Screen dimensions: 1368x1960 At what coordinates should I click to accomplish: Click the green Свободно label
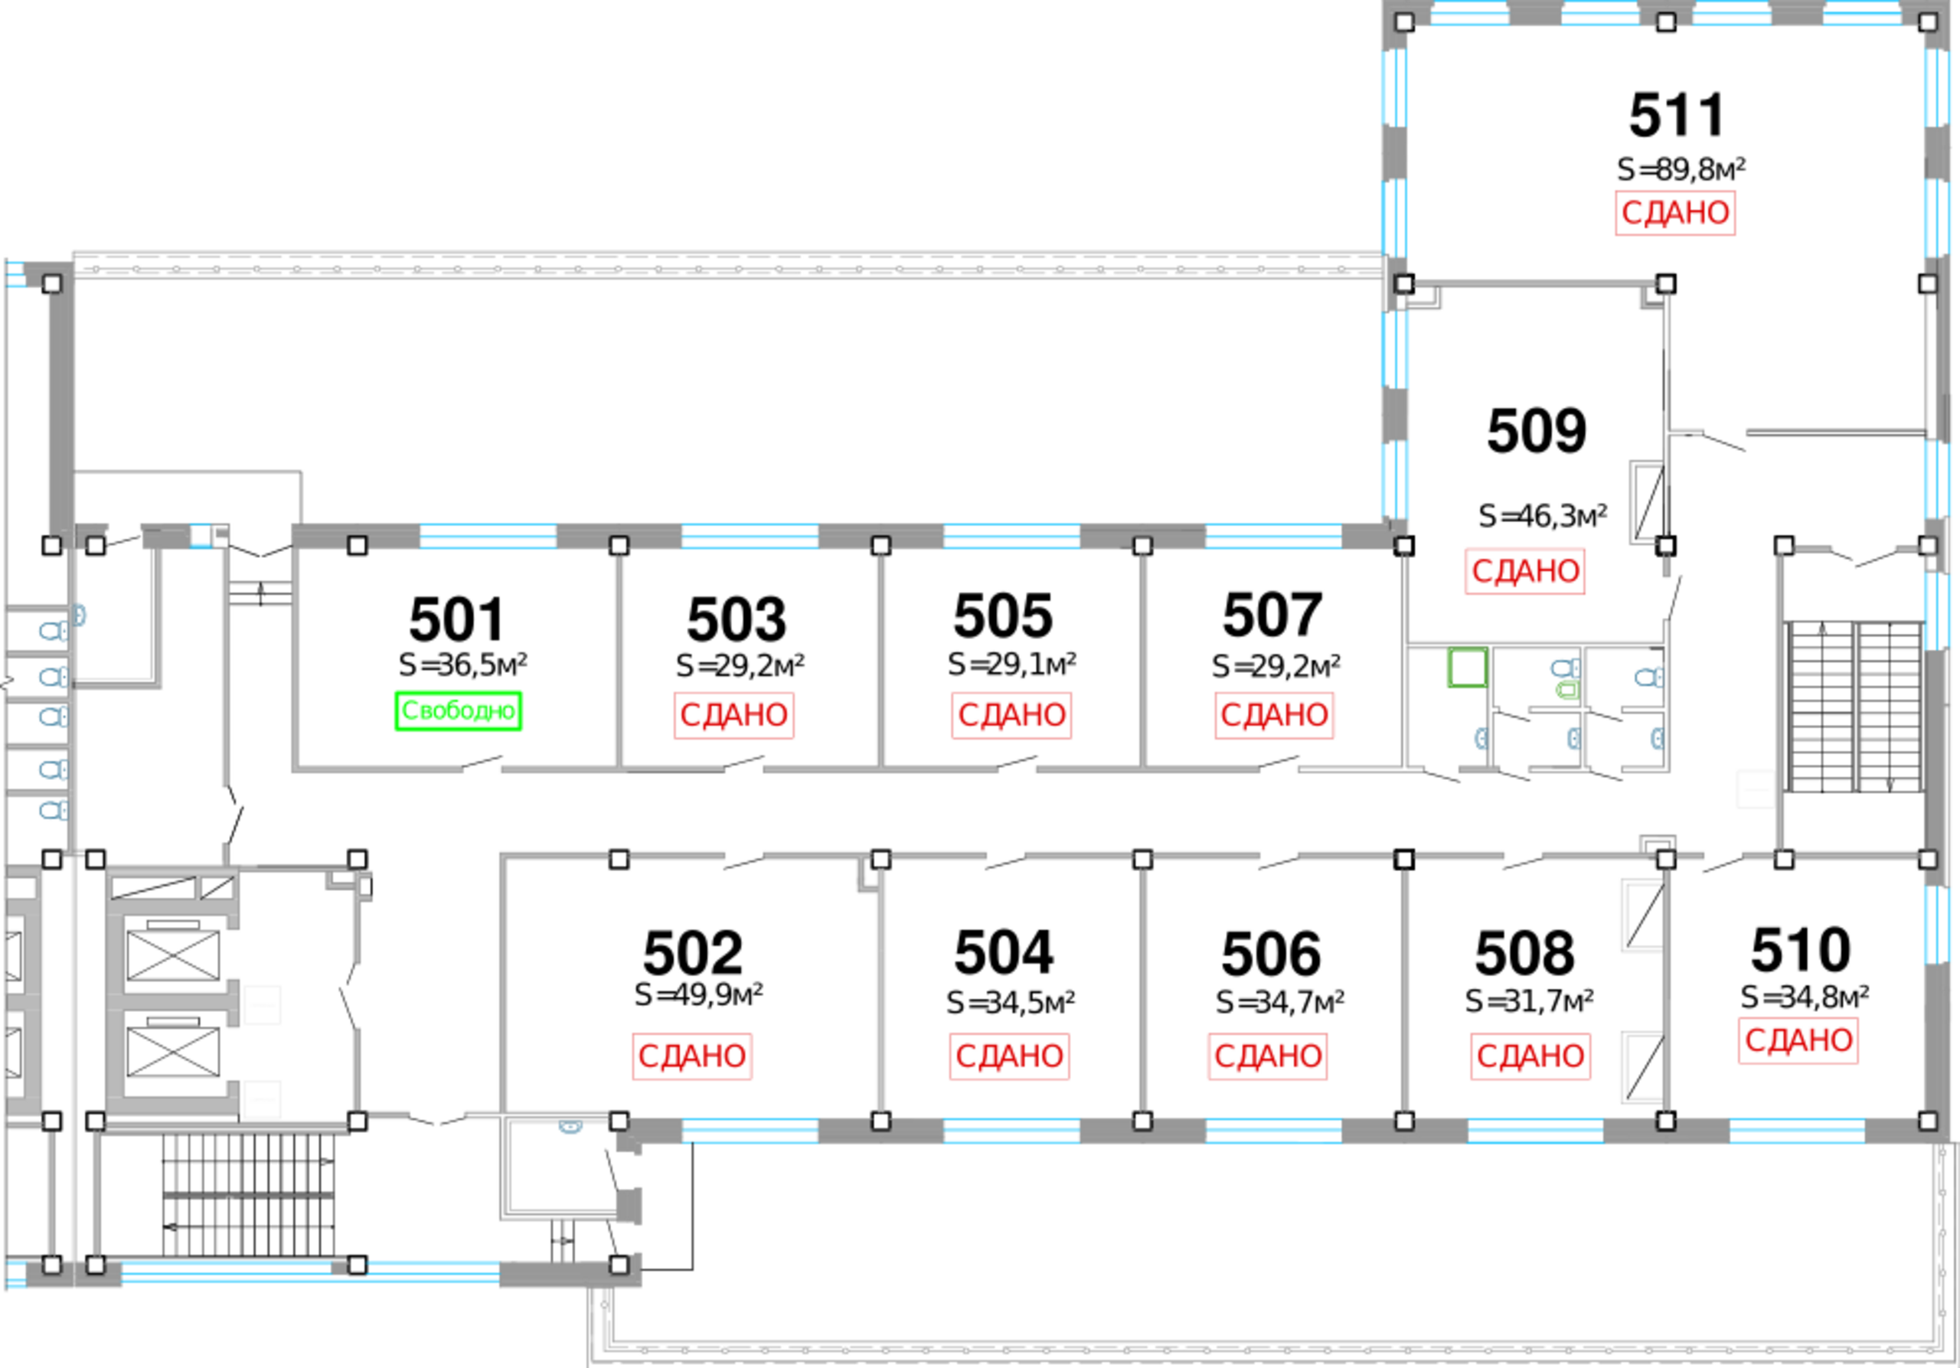coord(459,710)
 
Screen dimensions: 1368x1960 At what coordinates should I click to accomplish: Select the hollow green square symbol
coord(1465,668)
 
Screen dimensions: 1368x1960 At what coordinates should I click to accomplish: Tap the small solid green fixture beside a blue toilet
coord(1566,689)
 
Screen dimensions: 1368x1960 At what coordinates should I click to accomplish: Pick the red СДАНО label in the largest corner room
coord(1675,213)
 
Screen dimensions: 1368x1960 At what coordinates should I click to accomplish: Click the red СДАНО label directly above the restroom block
coord(1524,571)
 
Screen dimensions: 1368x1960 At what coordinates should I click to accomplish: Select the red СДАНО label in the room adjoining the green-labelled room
coord(734,715)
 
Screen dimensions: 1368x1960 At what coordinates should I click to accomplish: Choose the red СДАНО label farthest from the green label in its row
coord(1274,715)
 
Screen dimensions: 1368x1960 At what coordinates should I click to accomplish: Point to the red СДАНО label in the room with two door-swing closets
coord(1798,1040)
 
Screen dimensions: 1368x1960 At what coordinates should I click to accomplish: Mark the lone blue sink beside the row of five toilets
coord(82,615)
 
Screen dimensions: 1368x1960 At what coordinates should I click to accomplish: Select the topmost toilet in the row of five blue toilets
coord(51,632)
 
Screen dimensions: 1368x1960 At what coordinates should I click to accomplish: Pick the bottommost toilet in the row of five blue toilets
coord(51,809)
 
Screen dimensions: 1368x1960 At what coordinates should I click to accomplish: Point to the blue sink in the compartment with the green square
coord(1478,738)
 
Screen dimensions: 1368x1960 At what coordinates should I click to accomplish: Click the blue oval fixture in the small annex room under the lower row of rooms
coord(570,1128)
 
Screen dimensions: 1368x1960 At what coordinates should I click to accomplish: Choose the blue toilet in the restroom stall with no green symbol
coord(1648,677)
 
